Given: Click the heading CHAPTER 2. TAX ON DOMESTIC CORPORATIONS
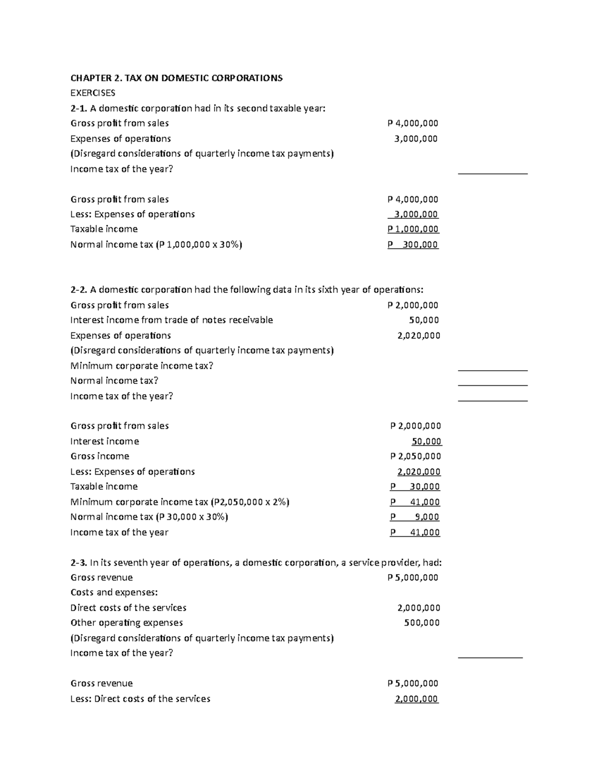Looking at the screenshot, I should coord(176,78).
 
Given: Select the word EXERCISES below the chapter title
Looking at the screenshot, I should coord(93,93).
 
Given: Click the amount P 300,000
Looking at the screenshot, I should coord(413,245).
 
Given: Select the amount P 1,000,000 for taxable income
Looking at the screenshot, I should coord(413,229).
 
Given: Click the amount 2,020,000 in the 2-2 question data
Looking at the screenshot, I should coord(418,336).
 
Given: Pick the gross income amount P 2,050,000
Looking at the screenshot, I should coord(415,456).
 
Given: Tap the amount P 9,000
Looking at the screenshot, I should coord(415,517).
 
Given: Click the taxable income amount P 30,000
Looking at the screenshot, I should coord(415,487).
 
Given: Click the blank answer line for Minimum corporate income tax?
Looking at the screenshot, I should coord(492,370).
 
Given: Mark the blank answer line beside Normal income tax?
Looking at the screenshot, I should coord(492,385).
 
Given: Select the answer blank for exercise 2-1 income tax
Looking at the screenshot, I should coord(492,173).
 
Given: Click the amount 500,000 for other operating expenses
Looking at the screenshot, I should coord(421,623).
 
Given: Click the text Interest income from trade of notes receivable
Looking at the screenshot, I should coord(172,320).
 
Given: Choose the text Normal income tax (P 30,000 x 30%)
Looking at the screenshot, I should coord(149,517).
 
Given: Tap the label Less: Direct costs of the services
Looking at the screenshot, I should coord(140,699).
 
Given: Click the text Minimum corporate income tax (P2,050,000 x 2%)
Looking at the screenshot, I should coord(180,502).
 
